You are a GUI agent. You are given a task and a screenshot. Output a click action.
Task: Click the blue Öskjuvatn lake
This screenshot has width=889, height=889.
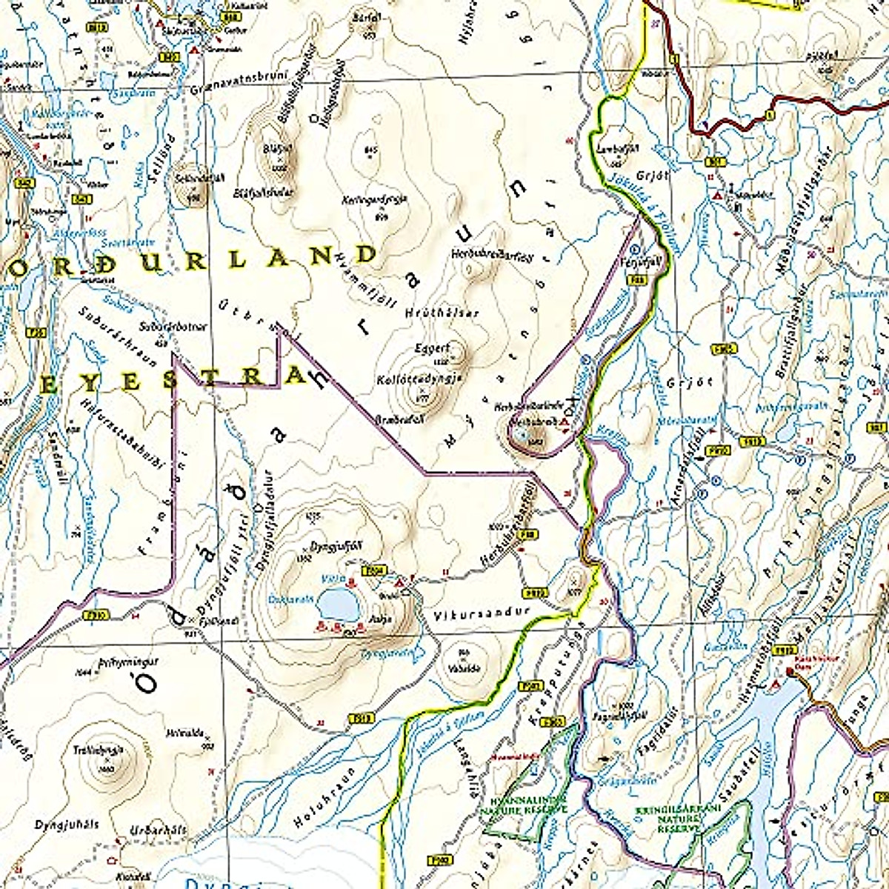[337, 605]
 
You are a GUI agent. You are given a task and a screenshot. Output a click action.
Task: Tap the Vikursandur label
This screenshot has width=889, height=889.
[473, 613]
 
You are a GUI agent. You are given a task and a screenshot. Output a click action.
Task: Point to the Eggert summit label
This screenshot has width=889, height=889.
[433, 347]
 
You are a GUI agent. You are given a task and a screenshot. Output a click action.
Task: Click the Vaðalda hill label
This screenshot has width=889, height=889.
[465, 667]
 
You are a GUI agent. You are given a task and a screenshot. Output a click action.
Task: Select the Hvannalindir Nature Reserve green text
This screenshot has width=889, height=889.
[528, 804]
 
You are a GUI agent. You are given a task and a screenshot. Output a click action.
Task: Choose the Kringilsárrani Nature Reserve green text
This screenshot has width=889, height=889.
[667, 819]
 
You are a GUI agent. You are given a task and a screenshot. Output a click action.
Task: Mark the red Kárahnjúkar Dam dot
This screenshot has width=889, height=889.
[788, 673]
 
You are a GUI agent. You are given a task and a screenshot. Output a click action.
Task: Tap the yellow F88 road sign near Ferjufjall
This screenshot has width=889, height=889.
[633, 280]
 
